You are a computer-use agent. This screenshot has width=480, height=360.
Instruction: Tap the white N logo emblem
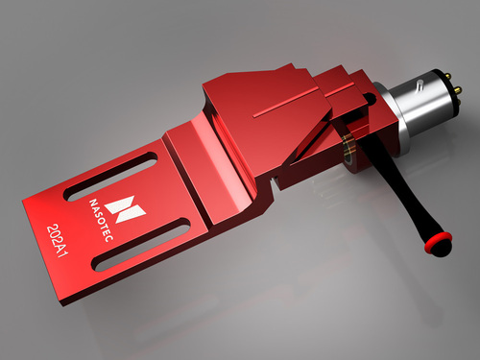coord(123,204)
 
